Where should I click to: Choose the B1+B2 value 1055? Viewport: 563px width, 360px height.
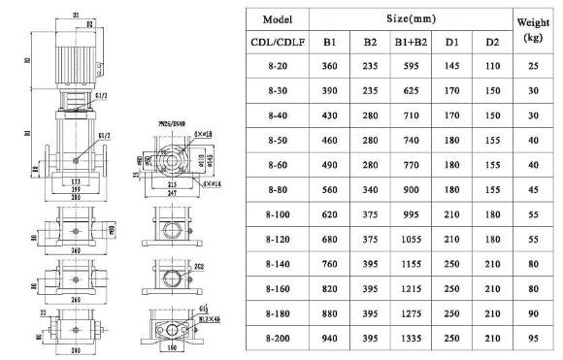tap(407, 235)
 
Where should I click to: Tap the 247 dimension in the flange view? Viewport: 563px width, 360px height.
tap(172, 194)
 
